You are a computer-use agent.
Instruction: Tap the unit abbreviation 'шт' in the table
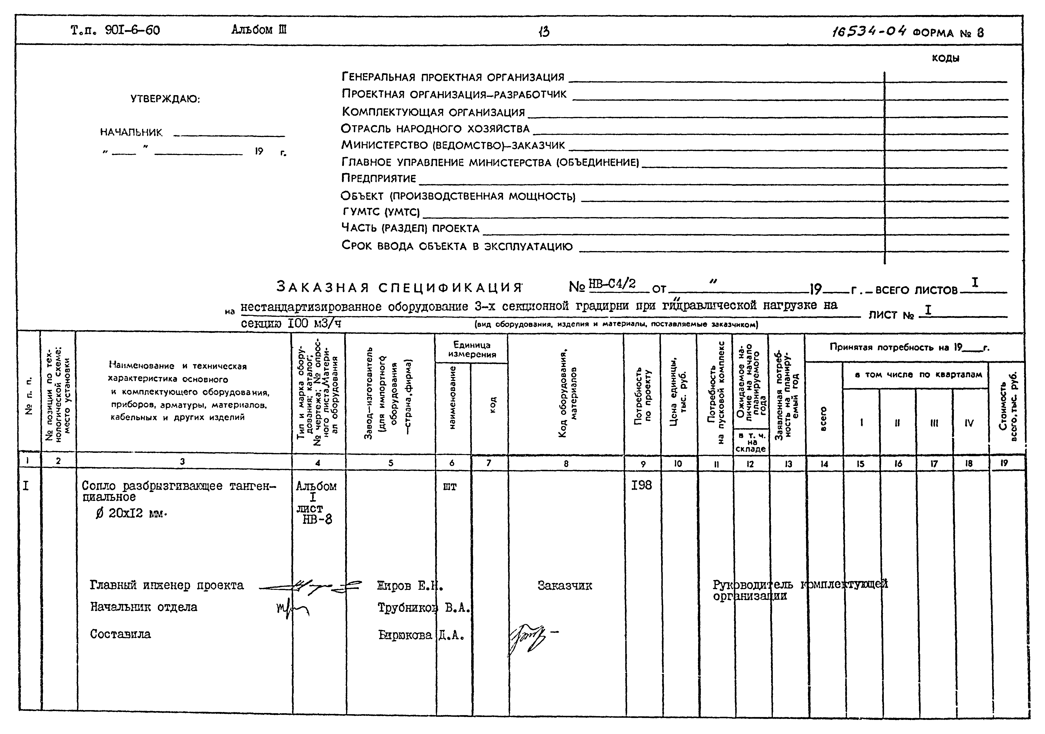(450, 487)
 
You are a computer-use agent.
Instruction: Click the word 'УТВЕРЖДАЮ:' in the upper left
(165, 99)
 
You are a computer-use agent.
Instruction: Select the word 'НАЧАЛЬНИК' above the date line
(131, 132)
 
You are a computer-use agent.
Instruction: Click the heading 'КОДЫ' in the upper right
(946, 58)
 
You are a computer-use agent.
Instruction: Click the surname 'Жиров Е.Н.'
(410, 586)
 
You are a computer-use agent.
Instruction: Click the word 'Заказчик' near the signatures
(564, 586)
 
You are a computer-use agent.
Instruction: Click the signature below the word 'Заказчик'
(528, 638)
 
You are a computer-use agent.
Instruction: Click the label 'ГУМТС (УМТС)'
(381, 212)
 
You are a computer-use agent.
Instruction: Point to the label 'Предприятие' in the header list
(379, 178)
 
